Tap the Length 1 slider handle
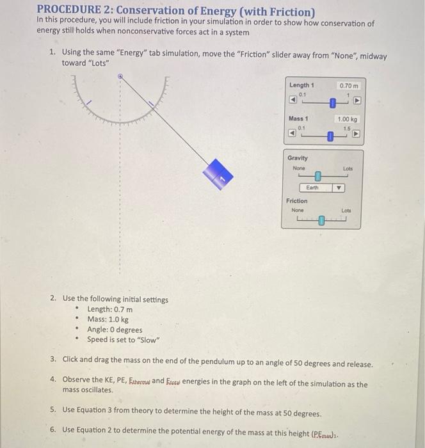pos(333,103)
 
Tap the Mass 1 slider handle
pos(330,136)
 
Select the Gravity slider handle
pos(317,175)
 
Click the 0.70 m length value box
pos(349,86)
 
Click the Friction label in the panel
pos(296,201)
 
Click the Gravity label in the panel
pos(298,158)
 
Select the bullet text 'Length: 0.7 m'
pos(109,309)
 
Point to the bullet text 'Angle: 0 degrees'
pos(115,330)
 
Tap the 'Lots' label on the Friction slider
pos(346,211)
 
